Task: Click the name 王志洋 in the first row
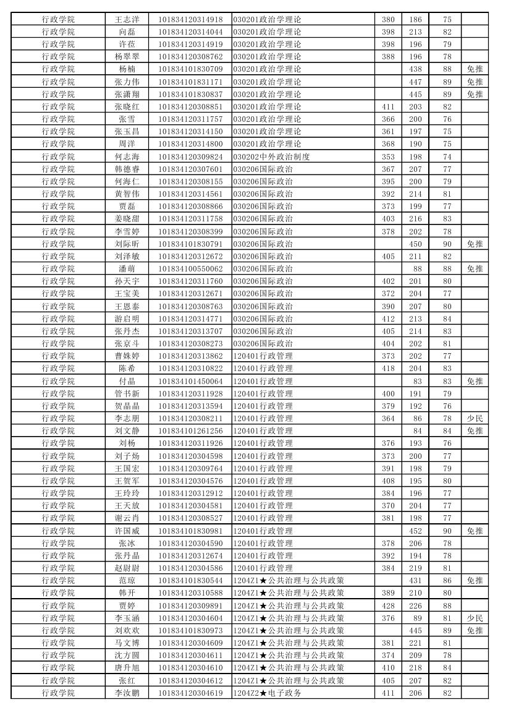point(127,19)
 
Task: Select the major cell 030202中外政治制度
point(271,156)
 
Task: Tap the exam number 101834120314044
point(190,32)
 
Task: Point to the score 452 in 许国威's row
point(415,531)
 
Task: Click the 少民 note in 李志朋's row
point(475,418)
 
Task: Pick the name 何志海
point(127,156)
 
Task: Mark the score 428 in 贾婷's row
point(388,605)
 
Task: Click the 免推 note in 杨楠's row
point(475,69)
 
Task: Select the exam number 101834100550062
point(190,268)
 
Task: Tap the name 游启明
point(127,319)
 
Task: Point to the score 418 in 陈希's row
point(388,368)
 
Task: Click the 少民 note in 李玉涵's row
point(475,618)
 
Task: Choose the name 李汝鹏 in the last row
point(127,693)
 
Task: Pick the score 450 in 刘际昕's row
point(415,244)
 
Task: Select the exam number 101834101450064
point(190,381)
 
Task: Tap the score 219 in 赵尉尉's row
point(415,568)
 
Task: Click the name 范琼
point(127,580)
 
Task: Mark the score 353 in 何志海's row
point(388,156)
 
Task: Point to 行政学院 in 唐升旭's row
point(58,668)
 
